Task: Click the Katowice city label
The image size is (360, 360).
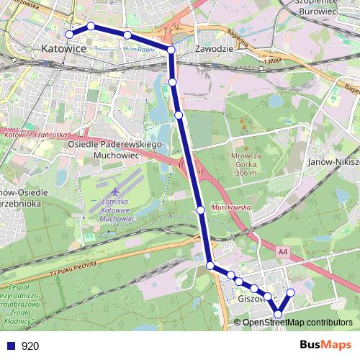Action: pos(64,48)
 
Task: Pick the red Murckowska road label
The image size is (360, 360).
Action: pos(229,207)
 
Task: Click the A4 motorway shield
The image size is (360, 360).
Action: pos(282,252)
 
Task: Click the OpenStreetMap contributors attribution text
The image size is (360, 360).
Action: pos(297,322)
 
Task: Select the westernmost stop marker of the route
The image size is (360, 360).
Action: pos(70,34)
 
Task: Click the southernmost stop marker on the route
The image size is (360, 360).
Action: pos(278,314)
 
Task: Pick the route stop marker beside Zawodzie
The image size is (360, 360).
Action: pos(171,49)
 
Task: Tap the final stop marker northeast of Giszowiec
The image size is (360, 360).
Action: pos(291,292)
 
